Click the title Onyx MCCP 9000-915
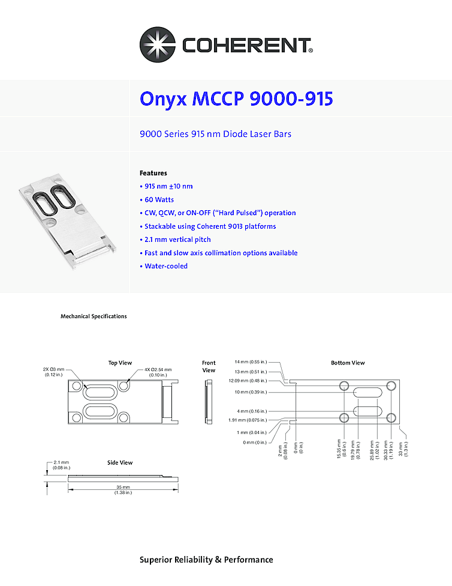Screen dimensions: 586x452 coord(236,98)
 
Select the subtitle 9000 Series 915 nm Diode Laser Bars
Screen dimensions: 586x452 coord(215,134)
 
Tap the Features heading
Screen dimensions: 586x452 coord(153,173)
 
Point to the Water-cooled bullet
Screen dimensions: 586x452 coord(165,266)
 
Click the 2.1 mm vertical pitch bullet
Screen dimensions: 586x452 coord(177,240)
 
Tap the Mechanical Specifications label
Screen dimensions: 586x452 coord(94,316)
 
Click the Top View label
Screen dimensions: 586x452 coord(120,363)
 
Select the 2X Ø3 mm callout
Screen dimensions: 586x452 coord(58,372)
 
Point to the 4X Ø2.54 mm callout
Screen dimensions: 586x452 coord(158,372)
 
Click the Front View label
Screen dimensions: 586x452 coord(209,366)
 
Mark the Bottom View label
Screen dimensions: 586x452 coord(348,363)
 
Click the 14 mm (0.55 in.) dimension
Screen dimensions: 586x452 coord(251,362)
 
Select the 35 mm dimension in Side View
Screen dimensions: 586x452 coord(123,489)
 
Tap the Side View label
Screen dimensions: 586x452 coord(120,463)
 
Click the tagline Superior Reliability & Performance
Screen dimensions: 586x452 coord(206,560)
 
